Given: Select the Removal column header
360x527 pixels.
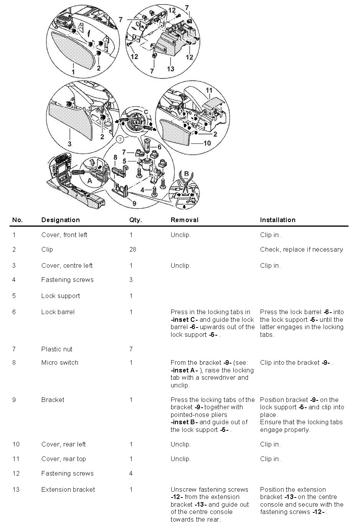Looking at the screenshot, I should (184, 220).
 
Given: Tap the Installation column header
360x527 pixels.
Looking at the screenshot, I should (277, 220).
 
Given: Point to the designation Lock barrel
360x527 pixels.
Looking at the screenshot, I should (58, 312).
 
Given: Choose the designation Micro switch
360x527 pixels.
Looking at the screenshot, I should (59, 362).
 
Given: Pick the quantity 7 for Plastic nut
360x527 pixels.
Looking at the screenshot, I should (131, 349).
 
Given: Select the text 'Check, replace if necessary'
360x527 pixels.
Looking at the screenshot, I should (301, 249).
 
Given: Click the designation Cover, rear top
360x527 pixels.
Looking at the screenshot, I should (63, 459).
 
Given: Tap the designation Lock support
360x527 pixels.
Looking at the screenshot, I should (61, 296).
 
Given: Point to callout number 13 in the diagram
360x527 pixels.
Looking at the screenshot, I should (170, 69).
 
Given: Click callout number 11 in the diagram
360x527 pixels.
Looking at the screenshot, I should (209, 91).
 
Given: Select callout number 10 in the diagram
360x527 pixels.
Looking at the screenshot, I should (207, 143).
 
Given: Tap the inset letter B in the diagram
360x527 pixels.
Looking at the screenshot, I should (187, 174).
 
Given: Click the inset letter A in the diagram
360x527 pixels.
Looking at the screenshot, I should (89, 180).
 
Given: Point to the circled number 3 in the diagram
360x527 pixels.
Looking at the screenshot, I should (121, 138).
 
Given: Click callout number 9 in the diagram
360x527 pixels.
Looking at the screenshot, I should (134, 203).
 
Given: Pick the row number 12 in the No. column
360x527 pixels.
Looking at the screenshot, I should (16, 473).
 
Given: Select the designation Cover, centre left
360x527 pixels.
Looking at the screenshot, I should (67, 265).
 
